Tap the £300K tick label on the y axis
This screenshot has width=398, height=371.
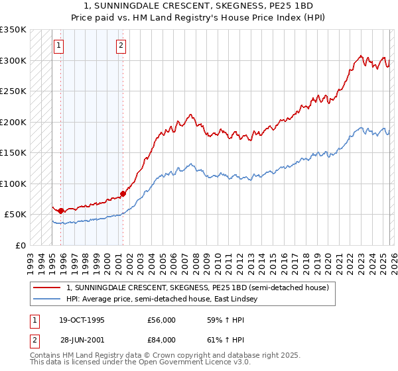click(13, 60)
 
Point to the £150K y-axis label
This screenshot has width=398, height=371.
click(13, 153)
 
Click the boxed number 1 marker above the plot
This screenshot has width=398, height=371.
click(59, 46)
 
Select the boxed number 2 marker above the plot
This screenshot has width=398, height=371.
click(121, 46)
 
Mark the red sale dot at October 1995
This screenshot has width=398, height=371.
click(60, 211)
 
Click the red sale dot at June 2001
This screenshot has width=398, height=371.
click(123, 194)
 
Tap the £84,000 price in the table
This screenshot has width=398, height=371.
click(161, 340)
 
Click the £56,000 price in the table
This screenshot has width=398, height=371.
click(161, 320)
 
